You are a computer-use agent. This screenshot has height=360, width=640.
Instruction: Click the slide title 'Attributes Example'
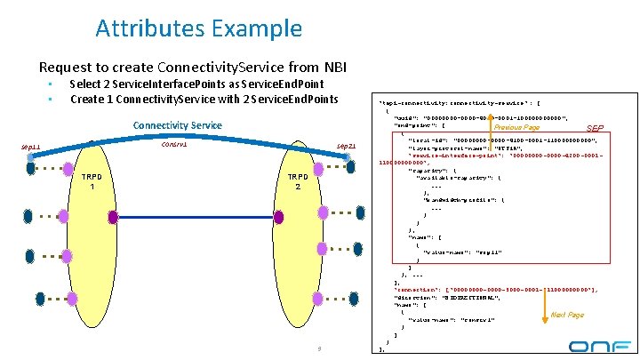(x=198, y=28)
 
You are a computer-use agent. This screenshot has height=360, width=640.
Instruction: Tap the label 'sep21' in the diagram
(x=346, y=147)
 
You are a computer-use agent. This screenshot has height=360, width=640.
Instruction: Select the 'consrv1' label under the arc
(x=174, y=144)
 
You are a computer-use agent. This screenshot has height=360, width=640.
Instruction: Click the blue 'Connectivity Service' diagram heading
(x=177, y=125)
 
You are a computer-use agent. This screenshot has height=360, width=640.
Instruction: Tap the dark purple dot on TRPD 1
(x=113, y=216)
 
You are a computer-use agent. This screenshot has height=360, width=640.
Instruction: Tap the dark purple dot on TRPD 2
(x=278, y=216)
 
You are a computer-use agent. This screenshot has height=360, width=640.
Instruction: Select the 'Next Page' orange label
(x=567, y=315)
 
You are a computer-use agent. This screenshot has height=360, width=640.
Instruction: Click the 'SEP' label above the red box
(x=595, y=128)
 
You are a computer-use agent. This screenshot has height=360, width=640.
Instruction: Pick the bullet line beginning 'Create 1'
(x=204, y=98)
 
